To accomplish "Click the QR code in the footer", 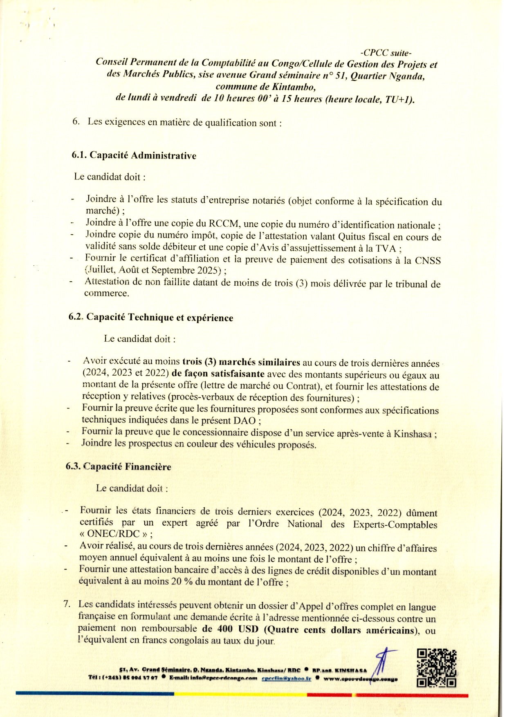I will tap(436, 668).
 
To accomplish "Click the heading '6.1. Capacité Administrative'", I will tap(134, 155).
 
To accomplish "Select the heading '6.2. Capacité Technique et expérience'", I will tap(151, 318).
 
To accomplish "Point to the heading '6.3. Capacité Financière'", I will tap(118, 467).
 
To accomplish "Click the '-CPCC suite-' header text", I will tap(386, 53).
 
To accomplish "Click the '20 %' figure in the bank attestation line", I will tap(182, 581).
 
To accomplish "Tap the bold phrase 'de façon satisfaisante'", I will tap(218, 374).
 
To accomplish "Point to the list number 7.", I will tap(67, 604).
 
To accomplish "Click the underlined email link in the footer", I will tap(286, 678).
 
